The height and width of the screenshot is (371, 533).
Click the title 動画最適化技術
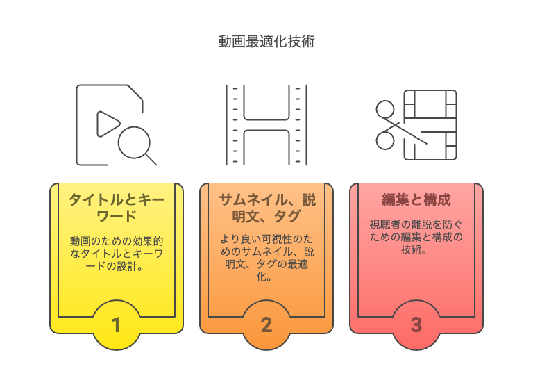click(x=266, y=42)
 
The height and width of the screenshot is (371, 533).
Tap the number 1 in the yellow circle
click(x=117, y=324)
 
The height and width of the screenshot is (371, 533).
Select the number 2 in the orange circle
click(x=266, y=324)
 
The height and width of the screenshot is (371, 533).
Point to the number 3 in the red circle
click(x=416, y=324)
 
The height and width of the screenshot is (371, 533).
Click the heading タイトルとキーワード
click(x=117, y=208)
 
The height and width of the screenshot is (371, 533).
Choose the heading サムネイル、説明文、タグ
click(x=267, y=208)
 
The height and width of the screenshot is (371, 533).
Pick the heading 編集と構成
click(x=416, y=199)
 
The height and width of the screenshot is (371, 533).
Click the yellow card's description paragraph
click(x=117, y=254)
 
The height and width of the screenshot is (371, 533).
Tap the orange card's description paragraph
click(x=266, y=258)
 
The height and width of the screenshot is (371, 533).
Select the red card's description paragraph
click(x=416, y=237)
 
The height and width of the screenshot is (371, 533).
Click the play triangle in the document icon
click(x=108, y=124)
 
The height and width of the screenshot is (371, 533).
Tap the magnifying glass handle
click(x=151, y=160)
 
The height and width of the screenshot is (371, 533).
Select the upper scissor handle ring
click(x=385, y=109)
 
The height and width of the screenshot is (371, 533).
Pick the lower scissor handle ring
click(x=385, y=140)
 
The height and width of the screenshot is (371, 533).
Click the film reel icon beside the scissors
click(x=430, y=125)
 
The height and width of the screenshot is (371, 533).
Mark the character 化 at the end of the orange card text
click(x=262, y=277)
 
